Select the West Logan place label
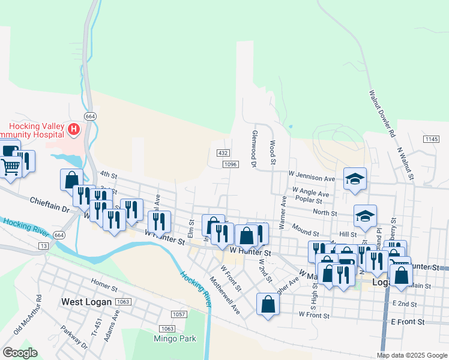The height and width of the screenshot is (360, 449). pos(87,301)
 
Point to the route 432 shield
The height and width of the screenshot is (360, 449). pos(223,154)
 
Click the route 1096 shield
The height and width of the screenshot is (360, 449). pos(230,164)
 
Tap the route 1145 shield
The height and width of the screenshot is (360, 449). pos(431,139)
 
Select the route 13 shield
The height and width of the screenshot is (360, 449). pos(43,246)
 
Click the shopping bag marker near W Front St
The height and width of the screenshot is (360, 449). pos(268,304)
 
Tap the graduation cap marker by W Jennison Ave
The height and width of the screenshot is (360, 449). pos(355,179)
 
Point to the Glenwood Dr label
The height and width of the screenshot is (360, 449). pos(255,149)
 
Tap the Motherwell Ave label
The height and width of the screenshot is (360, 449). pos(224,295)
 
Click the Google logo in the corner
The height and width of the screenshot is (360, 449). pos(20,353)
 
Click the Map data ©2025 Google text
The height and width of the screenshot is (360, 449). pos(411,355)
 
